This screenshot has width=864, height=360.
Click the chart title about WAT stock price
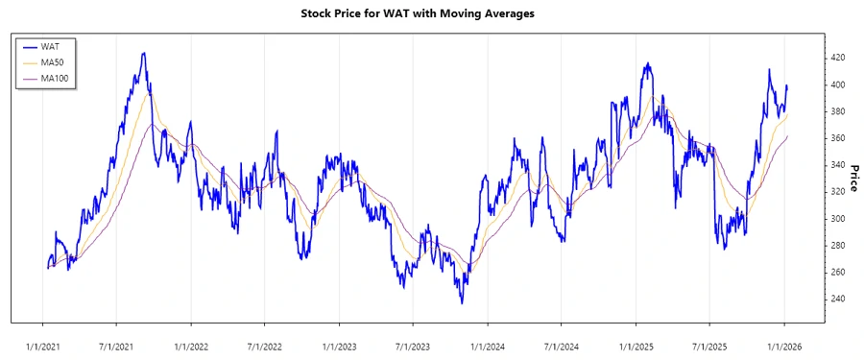(x=431, y=13)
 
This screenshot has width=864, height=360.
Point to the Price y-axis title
(x=851, y=179)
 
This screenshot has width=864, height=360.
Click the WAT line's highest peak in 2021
(x=143, y=53)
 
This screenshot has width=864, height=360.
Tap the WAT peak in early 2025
(x=648, y=63)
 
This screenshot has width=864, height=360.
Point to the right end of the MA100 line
(x=787, y=136)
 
